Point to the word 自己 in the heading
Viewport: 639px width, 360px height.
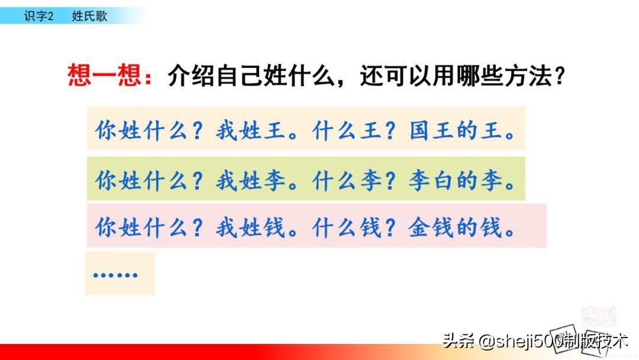[247, 77]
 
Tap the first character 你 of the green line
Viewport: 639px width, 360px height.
[106, 181]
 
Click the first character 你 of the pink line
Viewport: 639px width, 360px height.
[106, 228]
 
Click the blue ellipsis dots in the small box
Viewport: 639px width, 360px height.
[115, 275]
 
